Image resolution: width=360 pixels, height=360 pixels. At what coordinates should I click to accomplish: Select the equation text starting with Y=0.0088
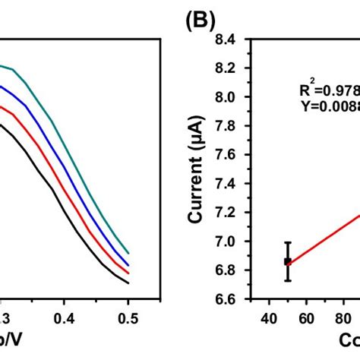tap(330, 106)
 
